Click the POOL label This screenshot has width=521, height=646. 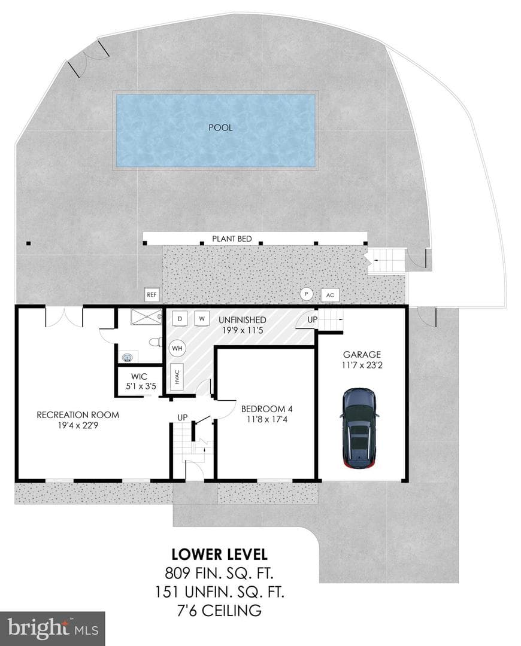220,128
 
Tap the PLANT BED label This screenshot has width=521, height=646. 232,239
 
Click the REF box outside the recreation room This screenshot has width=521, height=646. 152,294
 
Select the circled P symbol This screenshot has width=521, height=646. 306,294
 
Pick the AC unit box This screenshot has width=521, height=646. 330,295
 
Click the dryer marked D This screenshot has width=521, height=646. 180,318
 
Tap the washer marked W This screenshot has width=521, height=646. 202,318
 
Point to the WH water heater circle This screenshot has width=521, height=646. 177,349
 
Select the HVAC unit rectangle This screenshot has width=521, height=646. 177,377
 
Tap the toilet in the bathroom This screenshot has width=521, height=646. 156,342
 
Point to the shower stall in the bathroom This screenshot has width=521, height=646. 147,317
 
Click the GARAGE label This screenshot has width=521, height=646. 362,354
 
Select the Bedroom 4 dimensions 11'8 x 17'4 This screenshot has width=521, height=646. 266,420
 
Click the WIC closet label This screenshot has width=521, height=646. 140,377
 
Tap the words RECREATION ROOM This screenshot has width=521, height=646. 78,415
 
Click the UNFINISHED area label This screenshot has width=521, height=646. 242,319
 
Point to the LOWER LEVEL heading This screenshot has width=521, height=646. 219,554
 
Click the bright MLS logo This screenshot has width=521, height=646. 52,629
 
